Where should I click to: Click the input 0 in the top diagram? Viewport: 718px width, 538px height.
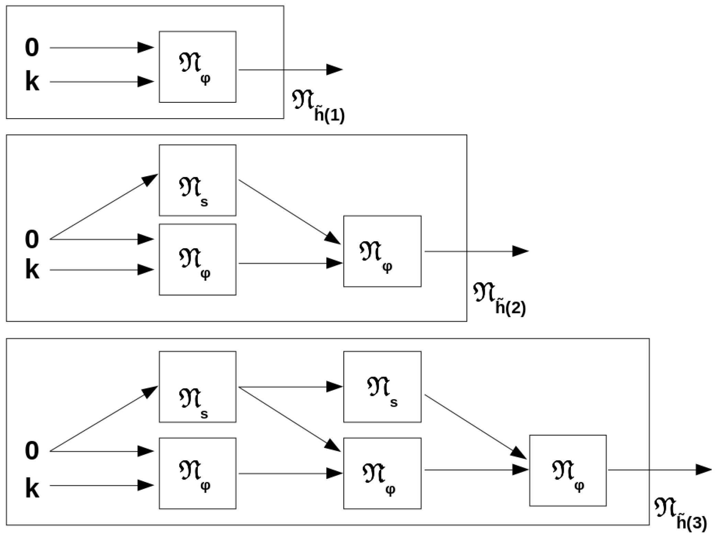click(32, 47)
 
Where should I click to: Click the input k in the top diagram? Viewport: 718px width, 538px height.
click(32, 82)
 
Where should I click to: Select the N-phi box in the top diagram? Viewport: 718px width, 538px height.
click(197, 67)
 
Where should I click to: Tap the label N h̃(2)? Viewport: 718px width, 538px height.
click(499, 298)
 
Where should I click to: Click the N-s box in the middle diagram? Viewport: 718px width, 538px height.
click(197, 180)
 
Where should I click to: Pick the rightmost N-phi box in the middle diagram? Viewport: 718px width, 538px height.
click(382, 251)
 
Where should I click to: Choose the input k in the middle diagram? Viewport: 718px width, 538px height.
click(32, 270)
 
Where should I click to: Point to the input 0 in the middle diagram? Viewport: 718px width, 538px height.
click(32, 239)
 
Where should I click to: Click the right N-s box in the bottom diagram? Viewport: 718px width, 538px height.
click(382, 386)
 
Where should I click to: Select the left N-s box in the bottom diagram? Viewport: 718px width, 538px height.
click(197, 386)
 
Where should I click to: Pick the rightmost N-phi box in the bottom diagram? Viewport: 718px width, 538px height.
click(568, 470)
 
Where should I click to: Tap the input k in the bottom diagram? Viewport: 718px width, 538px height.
click(32, 489)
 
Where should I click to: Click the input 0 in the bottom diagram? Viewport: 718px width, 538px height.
click(32, 451)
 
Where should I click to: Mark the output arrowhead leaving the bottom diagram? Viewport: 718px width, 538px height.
click(704, 470)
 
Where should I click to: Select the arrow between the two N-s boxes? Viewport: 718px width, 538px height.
click(290, 387)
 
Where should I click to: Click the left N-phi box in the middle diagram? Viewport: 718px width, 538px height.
click(197, 259)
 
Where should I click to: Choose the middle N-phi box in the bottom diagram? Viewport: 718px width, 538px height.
click(382, 473)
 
